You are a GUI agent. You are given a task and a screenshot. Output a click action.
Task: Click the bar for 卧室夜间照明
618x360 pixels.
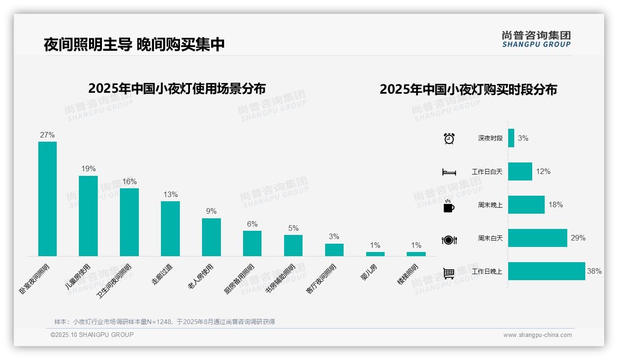(48, 199)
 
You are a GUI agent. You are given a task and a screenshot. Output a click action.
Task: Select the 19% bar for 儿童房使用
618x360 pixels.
(88, 216)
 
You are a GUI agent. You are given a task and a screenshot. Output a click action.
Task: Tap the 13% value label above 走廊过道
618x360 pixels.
(170, 195)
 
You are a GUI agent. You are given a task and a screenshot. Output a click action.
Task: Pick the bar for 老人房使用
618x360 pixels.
(211, 237)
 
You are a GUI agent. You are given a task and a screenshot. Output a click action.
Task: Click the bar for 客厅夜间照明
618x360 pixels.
(334, 250)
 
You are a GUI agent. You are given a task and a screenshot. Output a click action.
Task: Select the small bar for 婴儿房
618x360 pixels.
(375, 254)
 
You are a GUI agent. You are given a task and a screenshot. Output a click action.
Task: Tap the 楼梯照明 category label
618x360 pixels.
(408, 274)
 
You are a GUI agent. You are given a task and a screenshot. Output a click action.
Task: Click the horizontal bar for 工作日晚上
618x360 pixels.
(547, 271)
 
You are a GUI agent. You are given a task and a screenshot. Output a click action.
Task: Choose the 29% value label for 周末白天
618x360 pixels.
(578, 238)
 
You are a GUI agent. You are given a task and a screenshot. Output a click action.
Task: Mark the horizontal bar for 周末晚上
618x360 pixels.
(526, 205)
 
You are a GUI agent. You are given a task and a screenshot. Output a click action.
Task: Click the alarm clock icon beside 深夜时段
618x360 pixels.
(449, 138)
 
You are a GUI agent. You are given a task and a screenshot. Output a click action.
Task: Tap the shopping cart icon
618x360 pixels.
(449, 273)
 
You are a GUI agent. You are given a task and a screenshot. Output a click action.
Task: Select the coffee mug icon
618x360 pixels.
(449, 206)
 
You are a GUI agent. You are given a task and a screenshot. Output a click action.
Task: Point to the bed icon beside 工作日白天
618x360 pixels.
(449, 172)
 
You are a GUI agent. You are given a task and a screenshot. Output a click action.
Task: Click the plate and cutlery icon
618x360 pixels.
(449, 240)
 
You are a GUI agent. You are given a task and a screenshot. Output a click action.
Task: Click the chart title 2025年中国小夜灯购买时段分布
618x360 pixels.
(468, 89)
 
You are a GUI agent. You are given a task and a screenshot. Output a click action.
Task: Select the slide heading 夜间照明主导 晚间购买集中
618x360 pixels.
(134, 44)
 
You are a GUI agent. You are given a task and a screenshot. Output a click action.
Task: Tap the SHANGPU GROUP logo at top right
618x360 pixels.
(536, 39)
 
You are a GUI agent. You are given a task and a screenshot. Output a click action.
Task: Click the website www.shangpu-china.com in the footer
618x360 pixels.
(537, 335)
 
